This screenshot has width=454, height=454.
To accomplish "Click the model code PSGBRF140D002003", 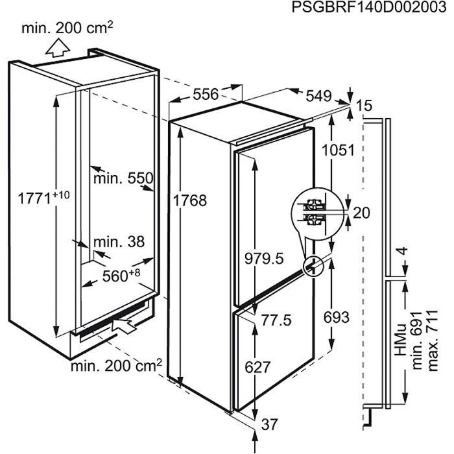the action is (368, 7).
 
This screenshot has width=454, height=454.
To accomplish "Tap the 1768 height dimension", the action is (189, 200).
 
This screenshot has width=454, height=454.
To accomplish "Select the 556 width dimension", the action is (206, 95).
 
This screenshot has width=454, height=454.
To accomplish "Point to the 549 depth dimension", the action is (318, 96).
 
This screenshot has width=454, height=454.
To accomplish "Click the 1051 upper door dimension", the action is (338, 150).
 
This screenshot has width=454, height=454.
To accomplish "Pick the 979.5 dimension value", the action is (264, 258).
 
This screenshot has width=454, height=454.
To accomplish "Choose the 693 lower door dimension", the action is (337, 317).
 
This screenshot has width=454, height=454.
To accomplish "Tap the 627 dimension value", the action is (257, 367).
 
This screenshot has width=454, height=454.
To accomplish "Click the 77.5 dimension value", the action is (276, 320).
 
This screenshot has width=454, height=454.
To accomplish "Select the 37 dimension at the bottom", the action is (270, 424).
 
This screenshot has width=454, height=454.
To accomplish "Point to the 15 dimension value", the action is (364, 105).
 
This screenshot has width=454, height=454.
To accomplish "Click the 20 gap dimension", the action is (362, 213).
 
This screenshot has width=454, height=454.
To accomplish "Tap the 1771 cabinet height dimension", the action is (43, 198).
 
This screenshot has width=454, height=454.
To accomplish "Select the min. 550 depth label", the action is (123, 178).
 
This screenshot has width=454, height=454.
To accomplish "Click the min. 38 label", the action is (119, 241).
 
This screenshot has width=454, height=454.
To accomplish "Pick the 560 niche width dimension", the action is (121, 276).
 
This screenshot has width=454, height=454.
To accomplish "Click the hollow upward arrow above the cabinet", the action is (58, 48).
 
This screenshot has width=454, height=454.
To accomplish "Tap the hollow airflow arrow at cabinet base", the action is (123, 326).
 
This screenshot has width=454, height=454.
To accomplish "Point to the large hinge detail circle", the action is (318, 213).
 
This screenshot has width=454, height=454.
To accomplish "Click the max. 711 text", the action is (433, 340).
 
